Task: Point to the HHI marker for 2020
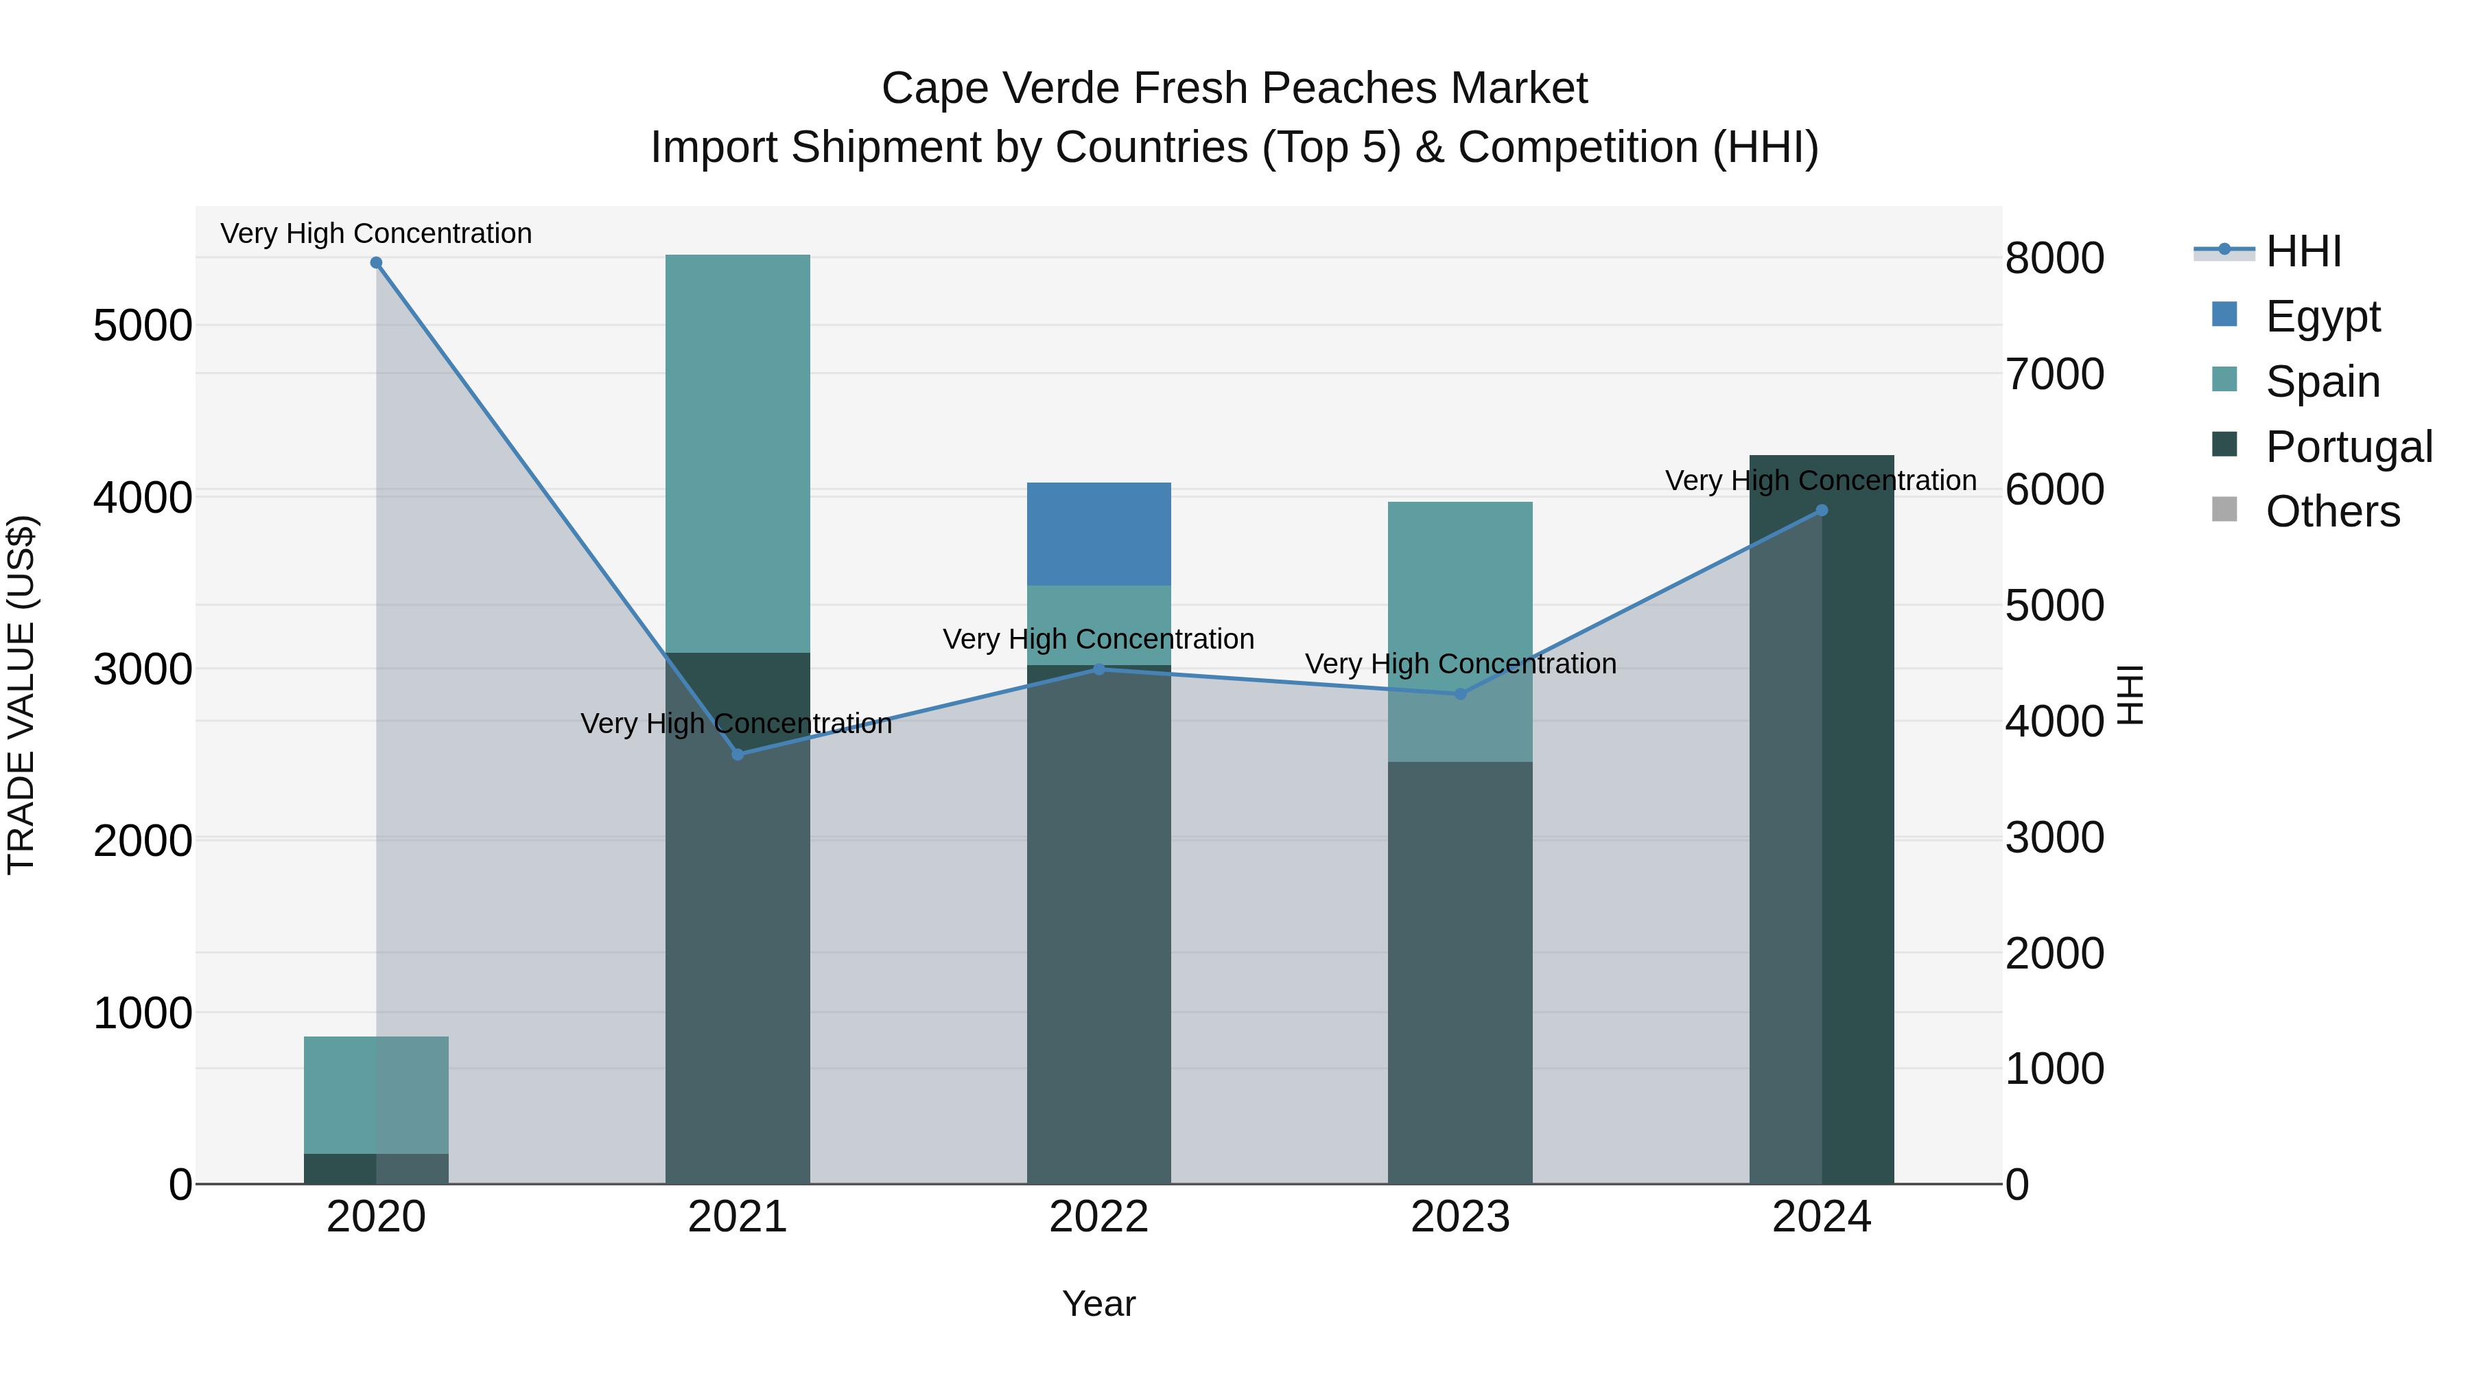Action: [376, 263]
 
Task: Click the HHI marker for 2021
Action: [738, 754]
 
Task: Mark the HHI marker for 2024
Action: [1822, 510]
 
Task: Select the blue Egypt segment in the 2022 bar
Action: [1099, 533]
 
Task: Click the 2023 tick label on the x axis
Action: [1459, 1217]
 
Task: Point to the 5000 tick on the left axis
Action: [143, 326]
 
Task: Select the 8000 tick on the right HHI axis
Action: [2054, 258]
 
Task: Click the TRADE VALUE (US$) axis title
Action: [21, 695]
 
